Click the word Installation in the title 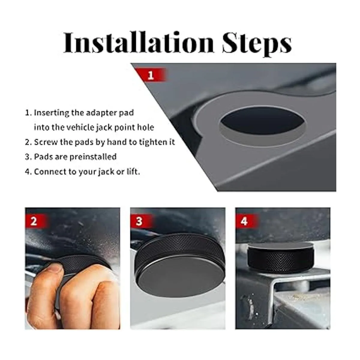(139, 42)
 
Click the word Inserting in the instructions (52, 113)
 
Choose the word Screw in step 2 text (46, 142)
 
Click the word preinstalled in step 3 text (93, 157)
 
